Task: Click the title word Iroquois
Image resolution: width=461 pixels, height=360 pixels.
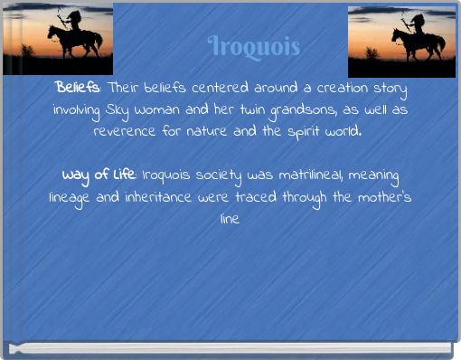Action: click(252, 44)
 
